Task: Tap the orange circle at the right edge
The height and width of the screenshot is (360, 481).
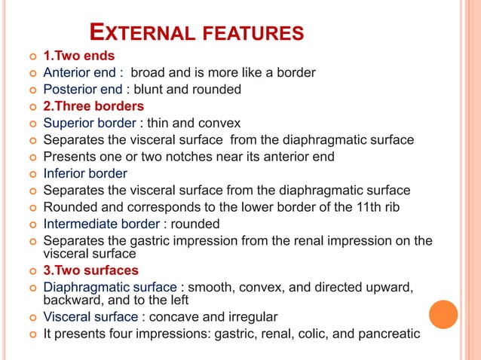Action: tap(444, 313)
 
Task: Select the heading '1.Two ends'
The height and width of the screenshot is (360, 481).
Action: tap(79, 56)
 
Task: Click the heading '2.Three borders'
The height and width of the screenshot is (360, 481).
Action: tap(93, 106)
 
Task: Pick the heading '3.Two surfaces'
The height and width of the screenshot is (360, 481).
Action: tap(90, 270)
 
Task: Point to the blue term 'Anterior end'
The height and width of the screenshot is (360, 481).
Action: tap(80, 73)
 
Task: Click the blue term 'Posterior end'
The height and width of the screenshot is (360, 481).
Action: tap(82, 90)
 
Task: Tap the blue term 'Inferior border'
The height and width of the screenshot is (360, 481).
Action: tap(85, 173)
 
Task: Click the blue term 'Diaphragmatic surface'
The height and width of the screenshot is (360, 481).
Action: tap(110, 287)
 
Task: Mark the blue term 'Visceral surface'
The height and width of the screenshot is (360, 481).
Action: tap(90, 316)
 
